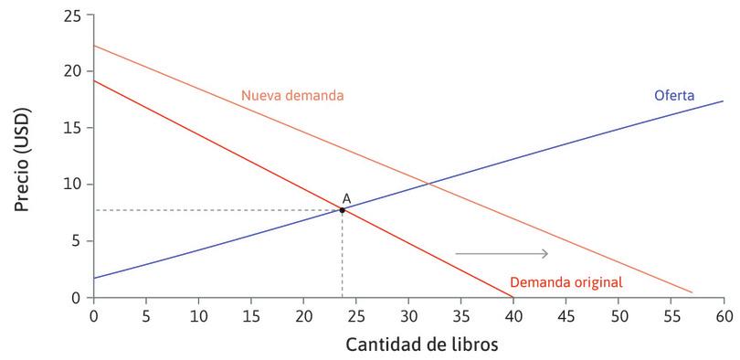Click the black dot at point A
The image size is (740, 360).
pyautogui.click(x=343, y=210)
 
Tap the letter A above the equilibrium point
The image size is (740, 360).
pyautogui.click(x=346, y=198)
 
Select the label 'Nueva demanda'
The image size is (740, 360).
pyautogui.click(x=292, y=95)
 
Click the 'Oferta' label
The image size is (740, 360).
pyautogui.click(x=674, y=96)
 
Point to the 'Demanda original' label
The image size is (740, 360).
pyautogui.click(x=566, y=282)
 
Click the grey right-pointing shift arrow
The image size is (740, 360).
pyautogui.click(x=502, y=253)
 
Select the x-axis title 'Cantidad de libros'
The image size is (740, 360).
pyautogui.click(x=408, y=346)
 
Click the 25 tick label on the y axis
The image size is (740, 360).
pyautogui.click(x=72, y=16)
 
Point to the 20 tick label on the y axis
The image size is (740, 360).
pyautogui.click(x=72, y=71)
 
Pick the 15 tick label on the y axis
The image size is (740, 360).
pyautogui.click(x=72, y=128)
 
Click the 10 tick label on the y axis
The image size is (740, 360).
pyautogui.click(x=72, y=185)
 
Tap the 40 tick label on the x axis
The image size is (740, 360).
pyautogui.click(x=513, y=315)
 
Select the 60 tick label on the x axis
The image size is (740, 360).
pyautogui.click(x=724, y=315)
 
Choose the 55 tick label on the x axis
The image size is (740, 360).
pyautogui.click(x=671, y=315)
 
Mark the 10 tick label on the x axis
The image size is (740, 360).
pyautogui.click(x=198, y=315)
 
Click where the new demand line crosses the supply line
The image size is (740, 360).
pyautogui.click(x=431, y=186)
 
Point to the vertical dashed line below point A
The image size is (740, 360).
pyautogui.click(x=343, y=256)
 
